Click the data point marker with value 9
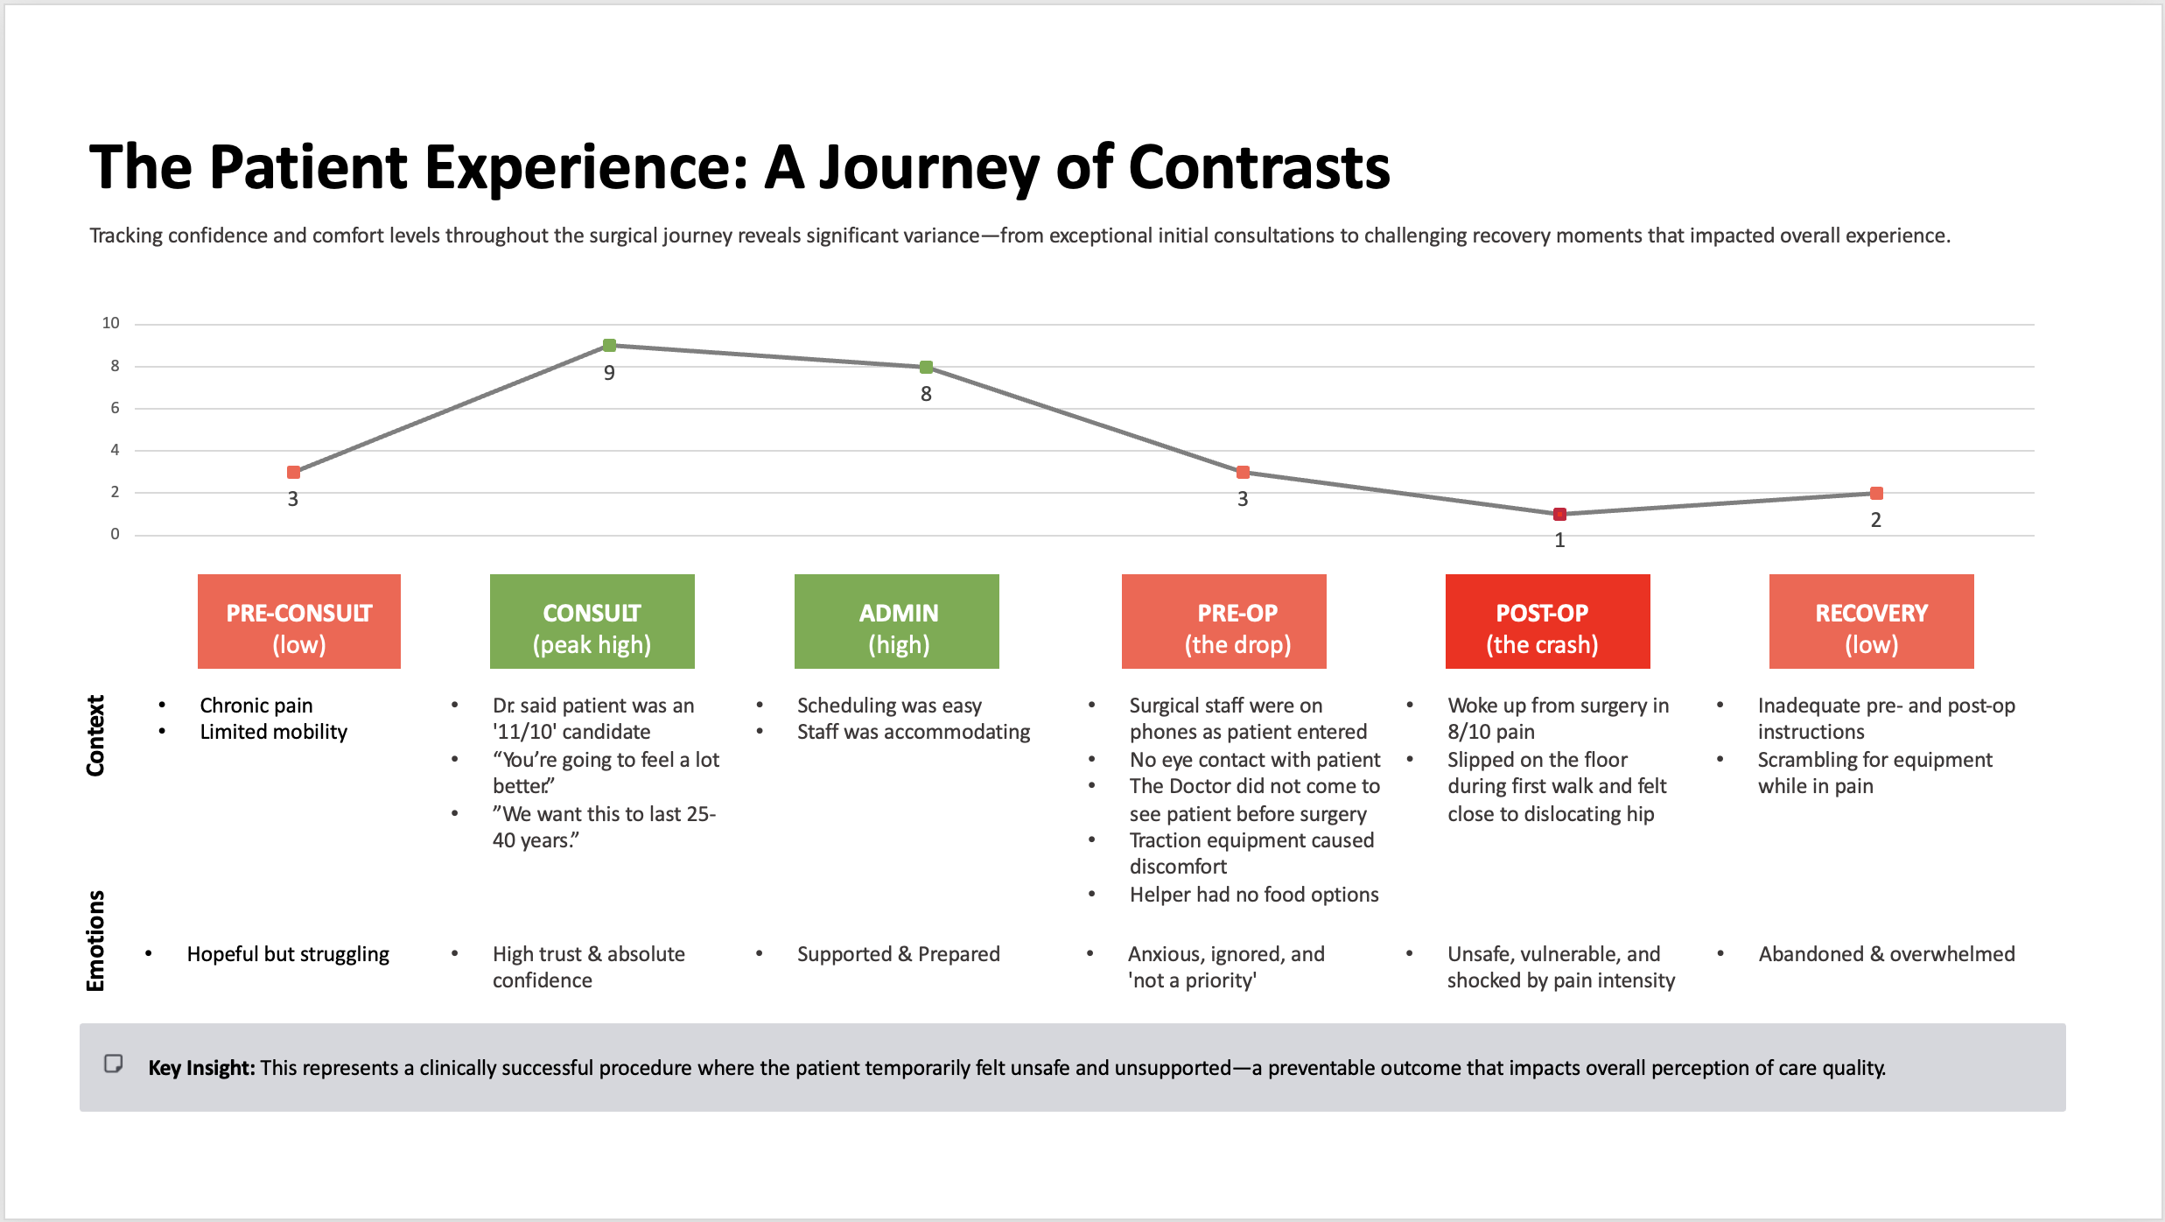coord(609,346)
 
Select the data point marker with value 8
coord(926,367)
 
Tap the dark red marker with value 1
coord(1559,514)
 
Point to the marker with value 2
coord(1876,493)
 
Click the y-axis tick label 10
coord(110,323)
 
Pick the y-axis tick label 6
coord(115,408)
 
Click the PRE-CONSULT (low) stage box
coord(299,622)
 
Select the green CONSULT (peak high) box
coord(592,622)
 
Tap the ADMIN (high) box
coord(897,622)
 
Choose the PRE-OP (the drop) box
coord(1224,622)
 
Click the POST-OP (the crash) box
coord(1548,622)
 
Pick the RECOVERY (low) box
coord(1872,622)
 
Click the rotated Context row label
coord(95,735)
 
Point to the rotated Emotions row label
coord(95,941)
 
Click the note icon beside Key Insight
coord(114,1064)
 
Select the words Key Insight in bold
coord(201,1068)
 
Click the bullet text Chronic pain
coord(256,706)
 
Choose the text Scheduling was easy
coord(889,706)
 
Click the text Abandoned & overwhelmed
coord(1887,954)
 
